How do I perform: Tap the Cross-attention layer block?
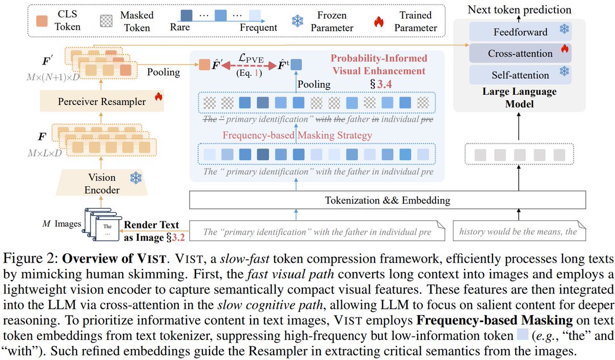click(520, 53)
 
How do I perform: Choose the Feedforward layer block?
click(520, 32)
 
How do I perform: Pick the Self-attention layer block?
click(520, 75)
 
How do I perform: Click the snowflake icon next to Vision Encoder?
click(136, 178)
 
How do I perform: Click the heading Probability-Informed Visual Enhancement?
click(378, 64)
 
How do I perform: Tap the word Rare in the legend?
click(180, 28)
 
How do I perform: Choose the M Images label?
click(60, 223)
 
